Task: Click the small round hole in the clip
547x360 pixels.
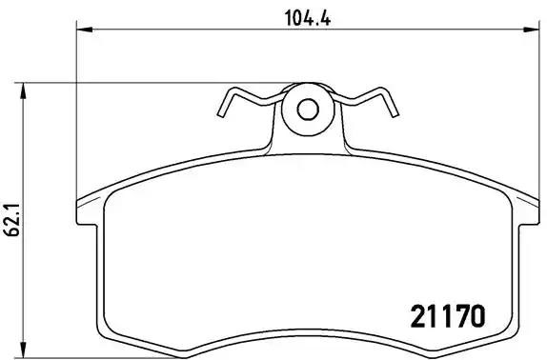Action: (x=307, y=109)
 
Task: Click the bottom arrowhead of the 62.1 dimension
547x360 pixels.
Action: (x=25, y=352)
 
